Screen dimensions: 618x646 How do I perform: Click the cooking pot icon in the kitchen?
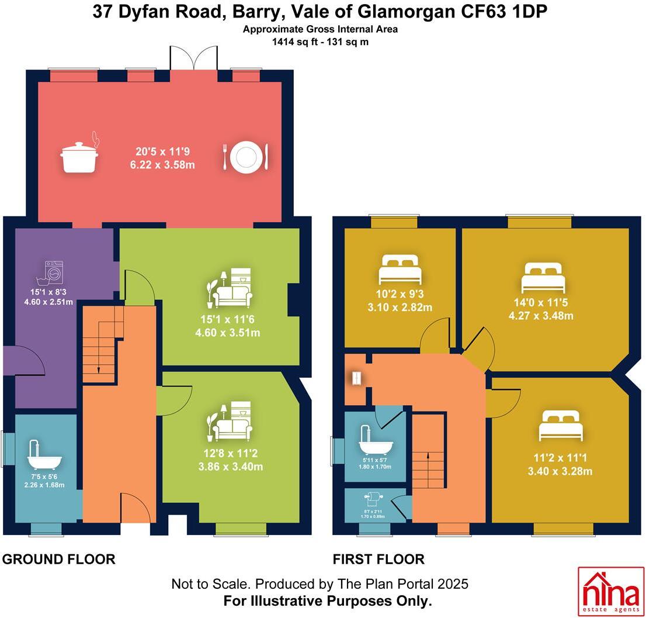(x=79, y=156)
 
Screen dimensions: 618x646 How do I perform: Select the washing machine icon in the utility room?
(x=54, y=272)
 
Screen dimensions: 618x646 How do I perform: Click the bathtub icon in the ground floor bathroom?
(x=44, y=455)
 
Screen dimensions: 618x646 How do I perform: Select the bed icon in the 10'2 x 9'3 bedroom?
(x=400, y=270)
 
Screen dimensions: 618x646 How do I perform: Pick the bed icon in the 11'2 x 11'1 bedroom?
(x=561, y=426)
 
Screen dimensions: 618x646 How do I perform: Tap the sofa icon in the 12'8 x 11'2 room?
(x=232, y=422)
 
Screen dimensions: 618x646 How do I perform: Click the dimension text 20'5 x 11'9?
(x=162, y=151)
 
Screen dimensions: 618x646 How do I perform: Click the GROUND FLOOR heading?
(x=59, y=560)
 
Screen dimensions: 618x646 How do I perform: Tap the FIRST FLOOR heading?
(x=378, y=560)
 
